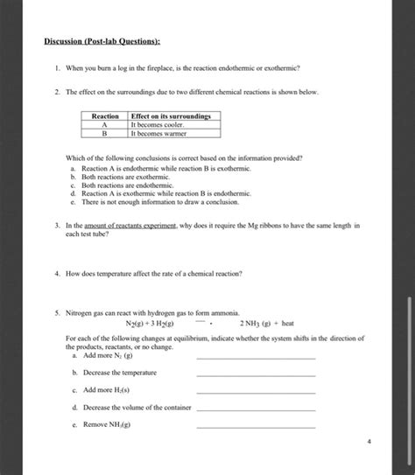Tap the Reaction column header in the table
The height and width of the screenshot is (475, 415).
(105, 116)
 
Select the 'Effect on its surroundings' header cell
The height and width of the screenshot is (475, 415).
(174, 116)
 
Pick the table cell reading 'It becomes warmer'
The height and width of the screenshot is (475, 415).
(158, 134)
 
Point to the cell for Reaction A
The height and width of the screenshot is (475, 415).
(105, 125)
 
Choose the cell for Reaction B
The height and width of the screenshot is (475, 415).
(105, 134)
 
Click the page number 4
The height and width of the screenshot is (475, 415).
(370, 442)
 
